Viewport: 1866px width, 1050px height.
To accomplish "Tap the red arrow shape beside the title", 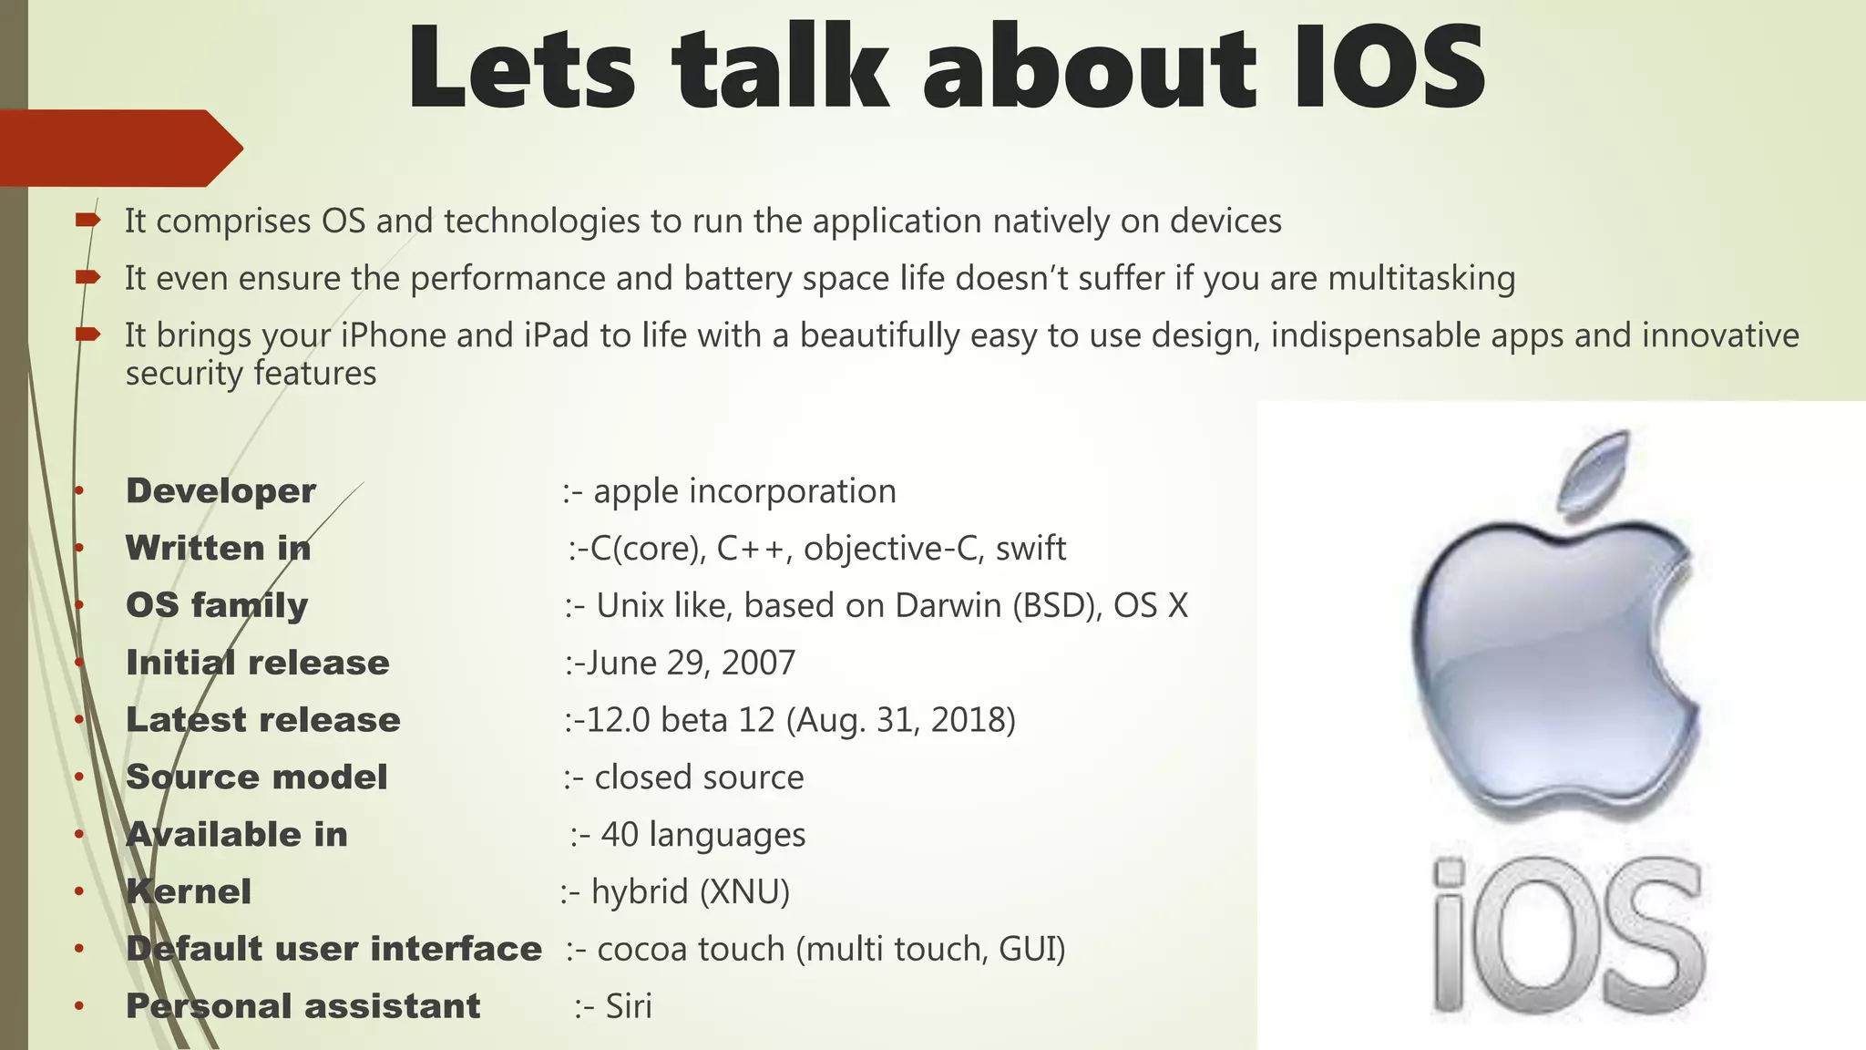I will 118,148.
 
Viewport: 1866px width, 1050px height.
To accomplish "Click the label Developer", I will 220,491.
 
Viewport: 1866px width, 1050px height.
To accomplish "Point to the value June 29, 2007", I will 690,663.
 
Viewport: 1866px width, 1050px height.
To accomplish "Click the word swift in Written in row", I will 1030,549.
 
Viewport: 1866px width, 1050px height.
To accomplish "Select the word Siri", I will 629,1006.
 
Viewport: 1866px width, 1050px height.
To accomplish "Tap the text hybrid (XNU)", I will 690,891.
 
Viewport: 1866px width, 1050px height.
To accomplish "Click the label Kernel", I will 189,891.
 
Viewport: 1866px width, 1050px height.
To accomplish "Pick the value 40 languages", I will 702,835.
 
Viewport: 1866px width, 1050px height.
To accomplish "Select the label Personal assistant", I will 302,1006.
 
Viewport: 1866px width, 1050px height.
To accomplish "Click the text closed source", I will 699,777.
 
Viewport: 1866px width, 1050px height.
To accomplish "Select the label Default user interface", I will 333,949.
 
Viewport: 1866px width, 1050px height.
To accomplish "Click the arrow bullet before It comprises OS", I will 87,220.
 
